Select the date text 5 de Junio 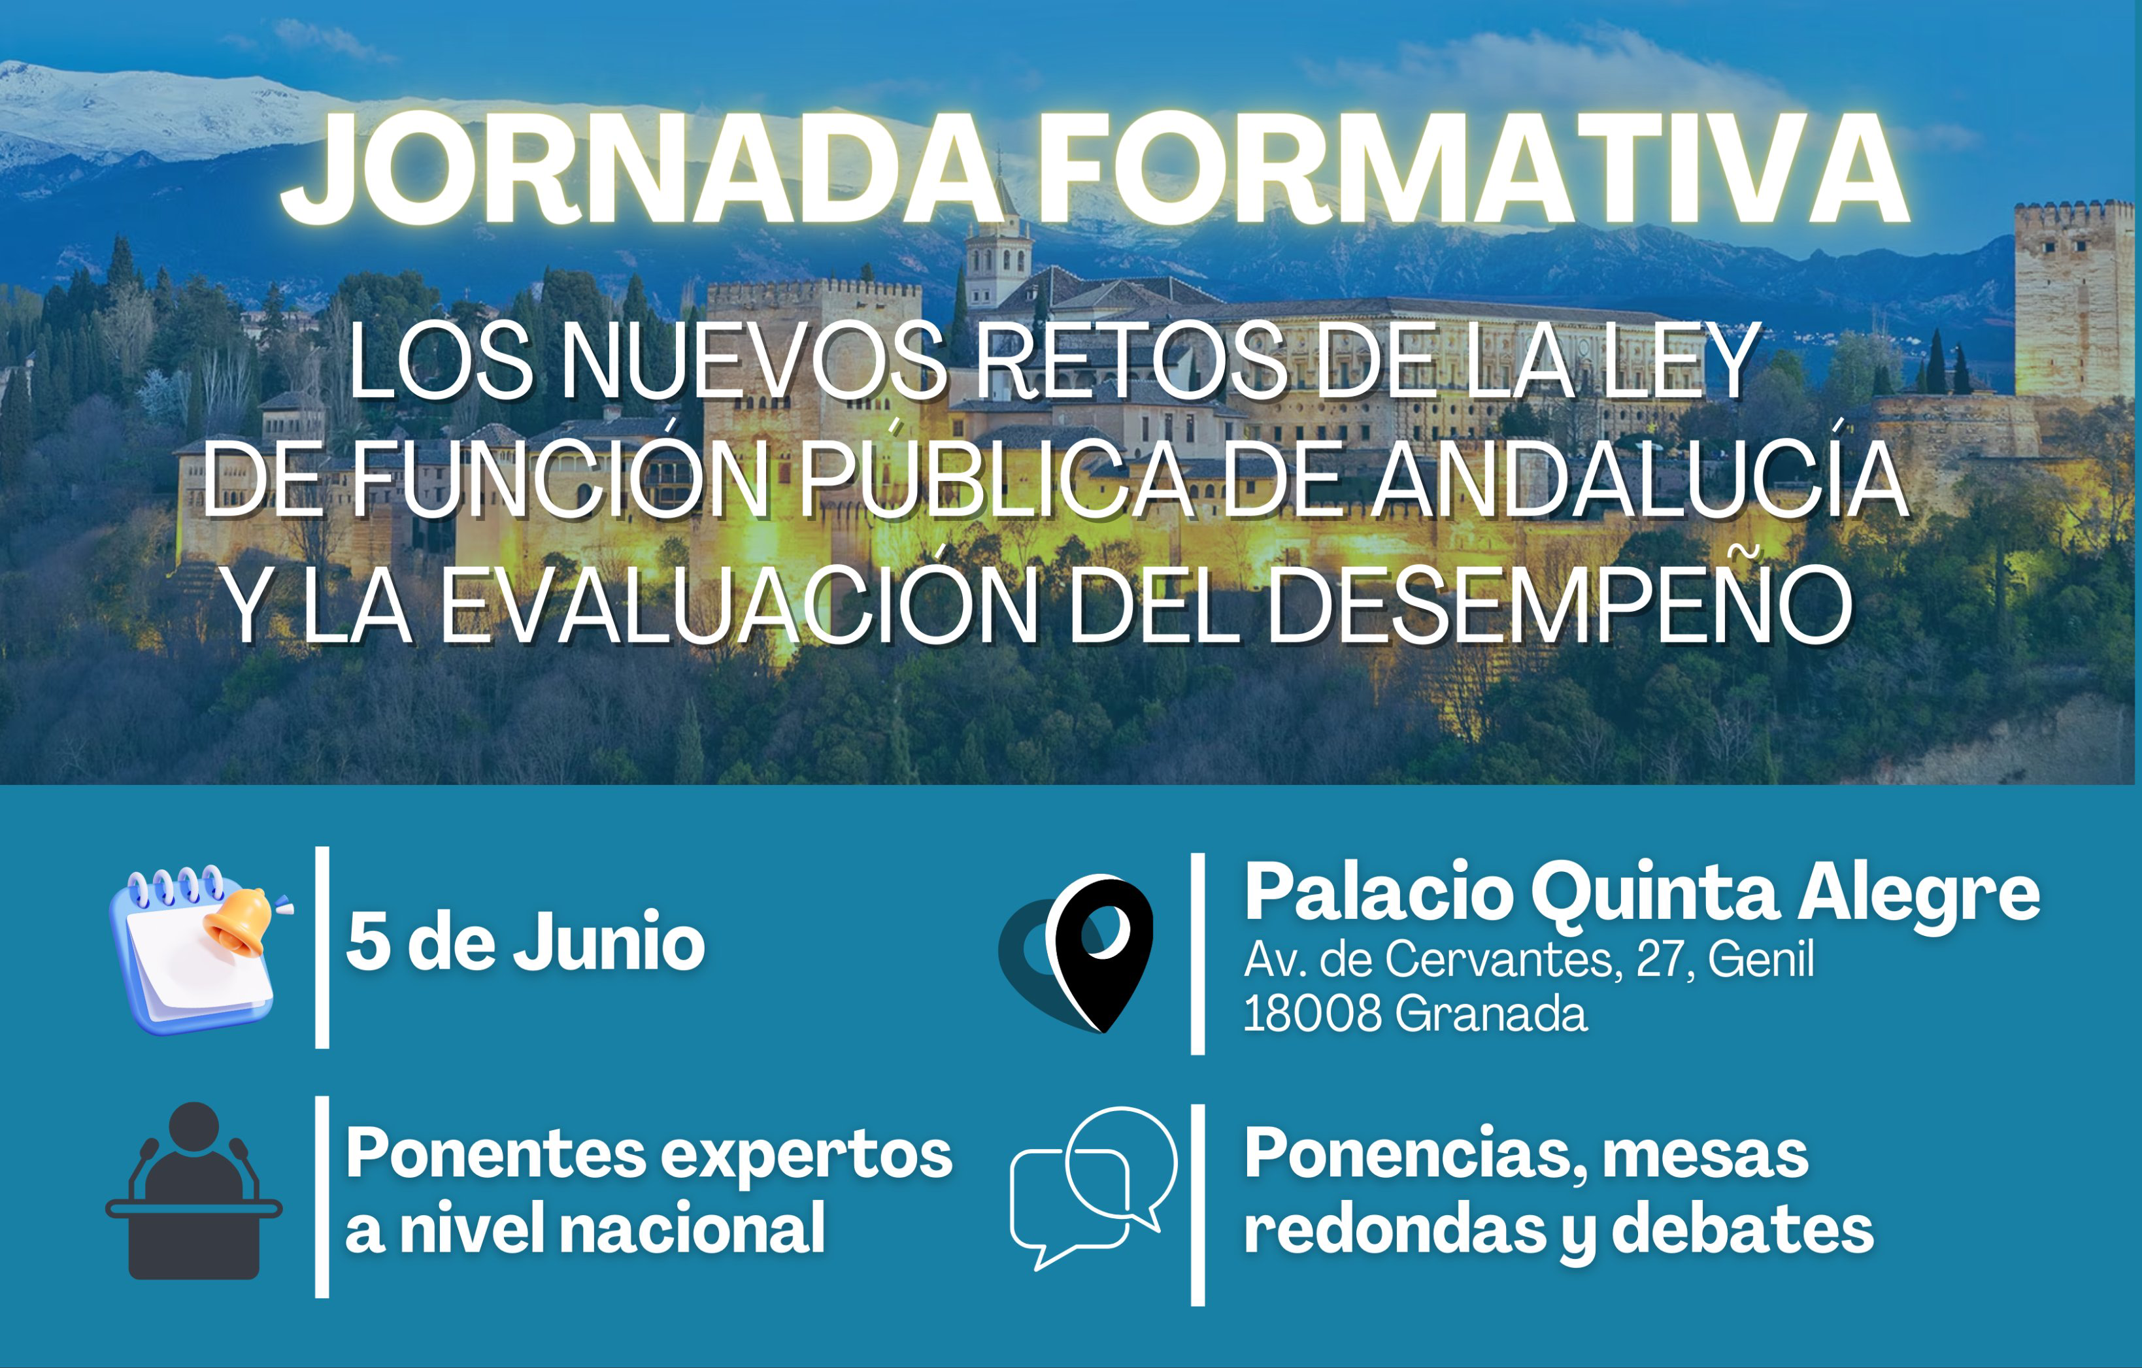coord(526,942)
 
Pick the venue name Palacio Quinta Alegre coord(1641,893)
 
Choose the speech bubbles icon coord(1094,1188)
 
